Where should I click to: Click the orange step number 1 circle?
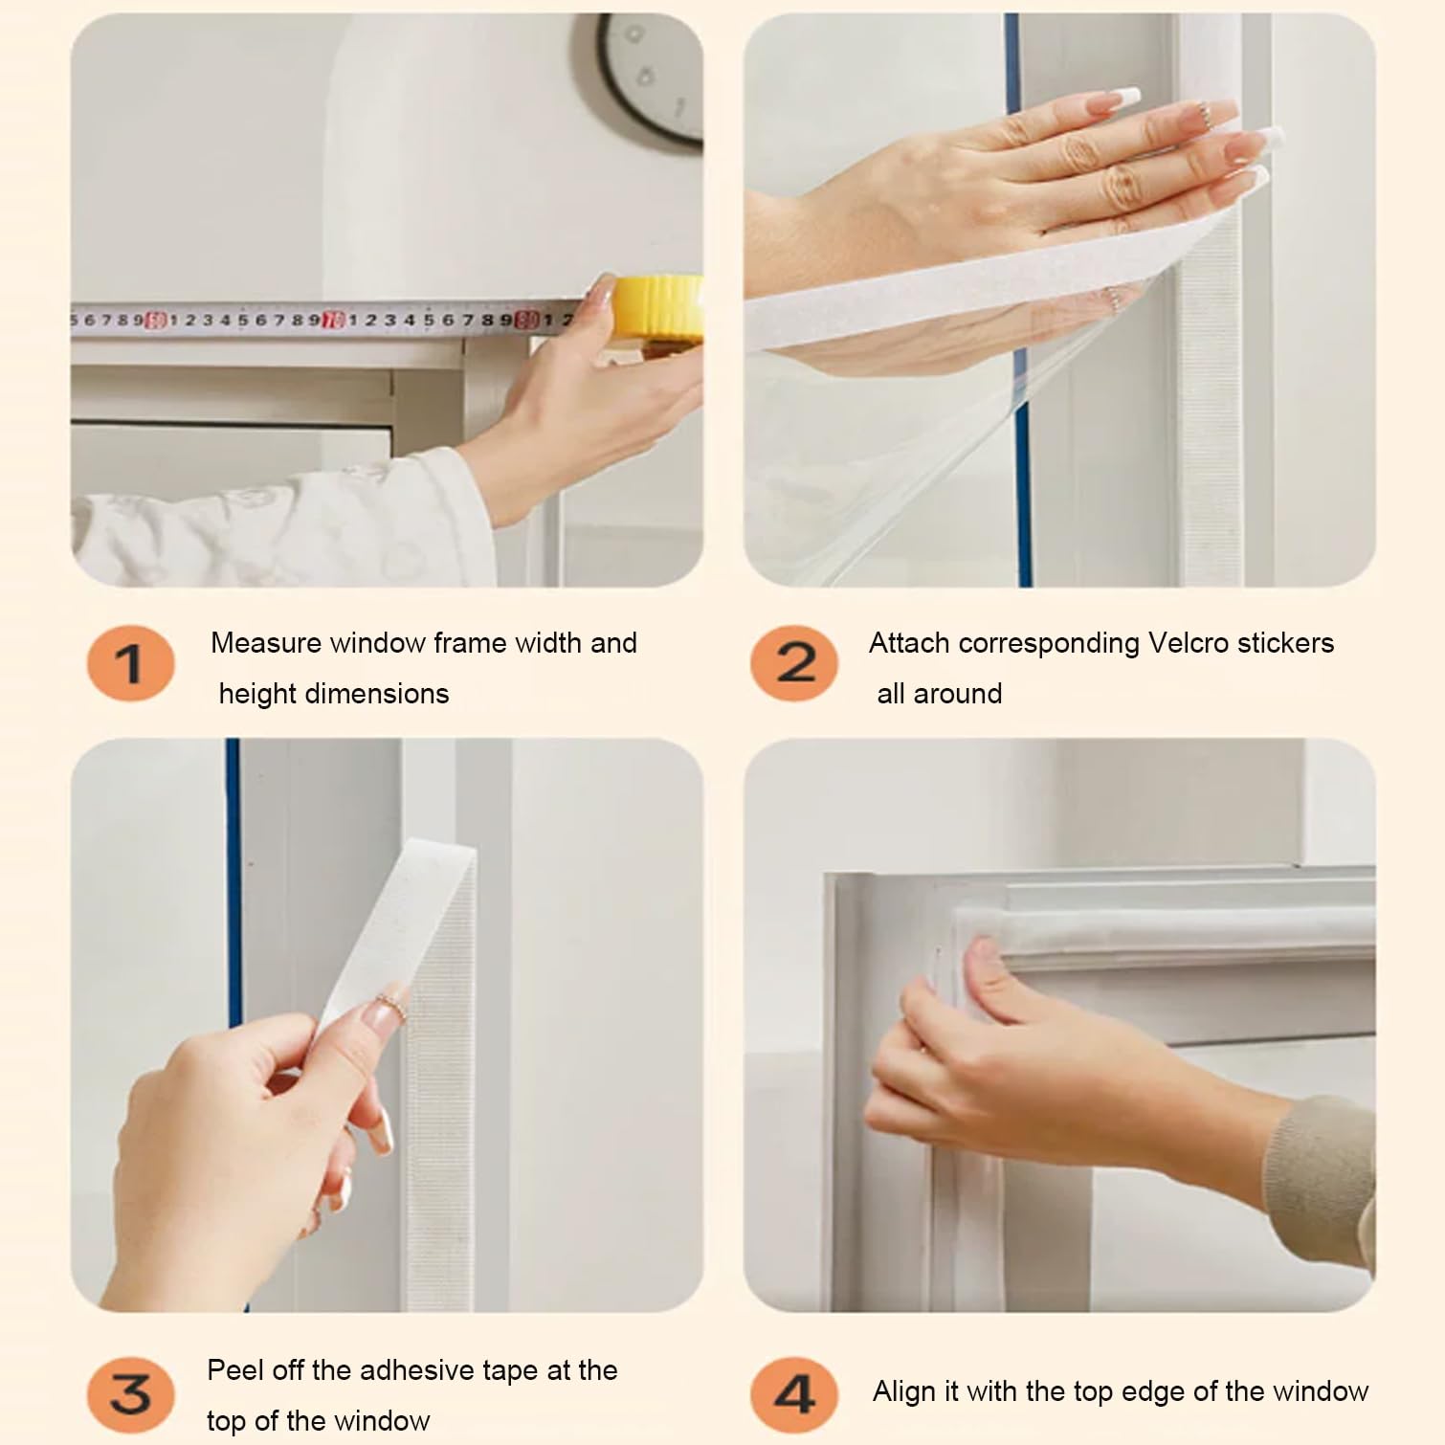point(130,663)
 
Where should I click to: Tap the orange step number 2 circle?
point(794,663)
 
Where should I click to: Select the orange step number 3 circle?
point(130,1394)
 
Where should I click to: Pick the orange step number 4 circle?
point(794,1394)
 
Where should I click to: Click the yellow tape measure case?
point(658,311)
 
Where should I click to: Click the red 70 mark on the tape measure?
point(333,320)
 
